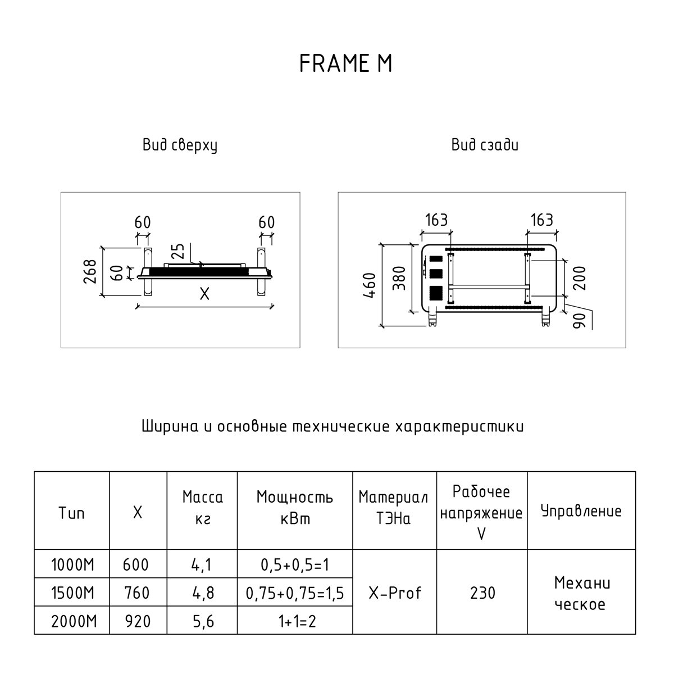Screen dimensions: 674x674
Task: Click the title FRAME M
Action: tap(345, 64)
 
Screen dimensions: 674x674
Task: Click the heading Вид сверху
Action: tap(180, 146)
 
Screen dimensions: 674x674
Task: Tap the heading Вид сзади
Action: tap(485, 145)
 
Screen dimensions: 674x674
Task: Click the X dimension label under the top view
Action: tap(204, 294)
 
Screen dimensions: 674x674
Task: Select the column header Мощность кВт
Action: tap(294, 508)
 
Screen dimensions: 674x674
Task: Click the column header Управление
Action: tap(581, 511)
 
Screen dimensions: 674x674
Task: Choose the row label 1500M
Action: tap(72, 592)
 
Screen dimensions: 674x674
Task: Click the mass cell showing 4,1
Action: tap(202, 564)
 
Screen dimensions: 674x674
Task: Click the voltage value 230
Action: tap(482, 592)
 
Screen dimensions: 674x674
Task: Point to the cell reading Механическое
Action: tap(581, 593)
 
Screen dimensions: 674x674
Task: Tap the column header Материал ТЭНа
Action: tap(393, 508)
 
